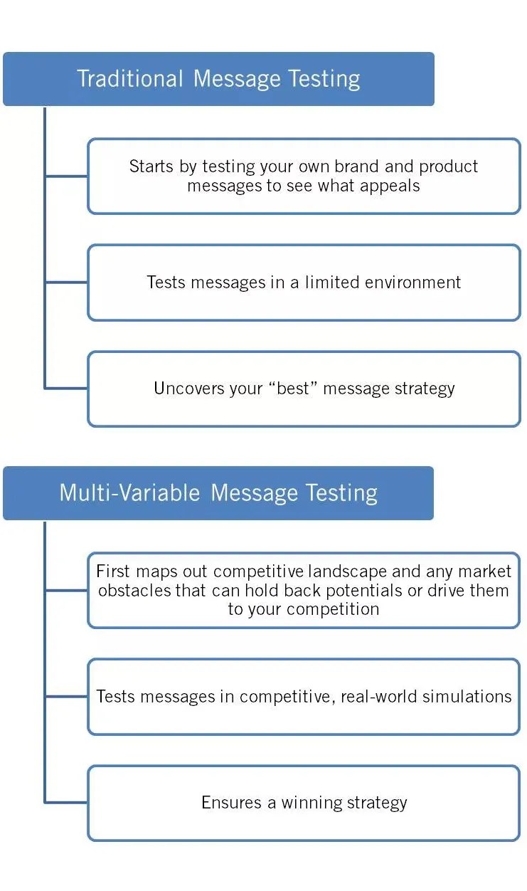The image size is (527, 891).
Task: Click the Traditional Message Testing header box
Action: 218,79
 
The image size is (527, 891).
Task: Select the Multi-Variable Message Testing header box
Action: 218,493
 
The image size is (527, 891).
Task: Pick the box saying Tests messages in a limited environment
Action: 304,283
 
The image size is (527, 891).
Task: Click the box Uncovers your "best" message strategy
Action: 304,389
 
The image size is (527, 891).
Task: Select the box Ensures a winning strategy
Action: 304,803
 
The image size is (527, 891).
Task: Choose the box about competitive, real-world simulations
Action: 304,697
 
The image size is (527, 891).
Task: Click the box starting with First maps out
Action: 304,591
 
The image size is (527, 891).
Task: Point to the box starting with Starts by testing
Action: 304,176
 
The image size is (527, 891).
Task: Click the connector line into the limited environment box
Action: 66,283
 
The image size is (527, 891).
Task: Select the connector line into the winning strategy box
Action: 66,803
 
